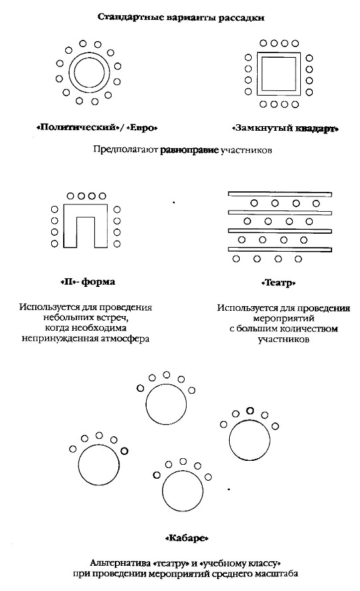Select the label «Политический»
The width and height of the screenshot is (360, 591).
tap(77, 127)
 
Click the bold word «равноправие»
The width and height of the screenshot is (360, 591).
tap(189, 150)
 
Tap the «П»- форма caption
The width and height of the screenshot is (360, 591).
tap(88, 282)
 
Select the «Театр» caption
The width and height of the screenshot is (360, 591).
tap(278, 283)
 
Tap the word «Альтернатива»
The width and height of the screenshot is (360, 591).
tap(120, 564)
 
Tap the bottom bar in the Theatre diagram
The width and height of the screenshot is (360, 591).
tap(280, 249)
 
